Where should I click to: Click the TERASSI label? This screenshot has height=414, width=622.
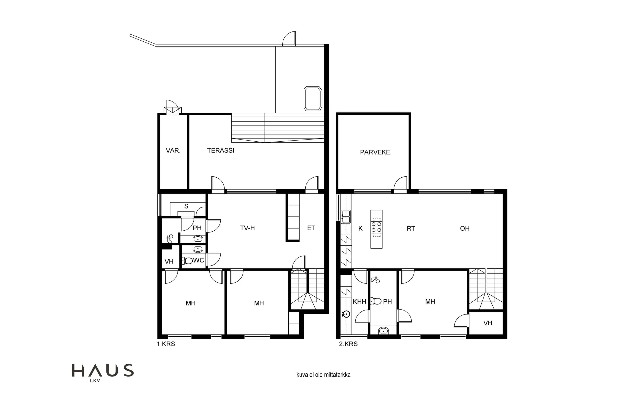tap(221, 150)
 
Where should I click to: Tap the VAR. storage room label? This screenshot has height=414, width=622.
tap(173, 150)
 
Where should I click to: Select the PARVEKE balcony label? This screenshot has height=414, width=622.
tap(375, 152)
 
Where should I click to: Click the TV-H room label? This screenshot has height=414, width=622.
tap(247, 228)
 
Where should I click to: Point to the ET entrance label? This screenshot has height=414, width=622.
tap(311, 228)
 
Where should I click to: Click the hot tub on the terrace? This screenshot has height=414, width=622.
tap(313, 99)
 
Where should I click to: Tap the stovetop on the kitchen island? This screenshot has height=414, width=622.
tap(376, 227)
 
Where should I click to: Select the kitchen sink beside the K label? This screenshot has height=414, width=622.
tap(346, 217)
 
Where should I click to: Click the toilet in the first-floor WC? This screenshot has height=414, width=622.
tap(187, 261)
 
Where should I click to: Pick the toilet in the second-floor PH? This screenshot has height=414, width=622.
tap(376, 301)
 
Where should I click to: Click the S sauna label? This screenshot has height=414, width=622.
tap(186, 206)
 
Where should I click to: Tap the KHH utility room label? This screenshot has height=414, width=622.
tap(359, 302)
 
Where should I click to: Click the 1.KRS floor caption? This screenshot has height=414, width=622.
tap(166, 344)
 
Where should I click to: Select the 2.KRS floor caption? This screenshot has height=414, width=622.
tap(348, 344)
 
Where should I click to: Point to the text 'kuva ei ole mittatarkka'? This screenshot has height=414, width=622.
tap(323, 375)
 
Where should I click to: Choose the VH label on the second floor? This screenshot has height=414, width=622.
tap(488, 323)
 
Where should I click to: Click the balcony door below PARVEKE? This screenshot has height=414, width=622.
tap(400, 183)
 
